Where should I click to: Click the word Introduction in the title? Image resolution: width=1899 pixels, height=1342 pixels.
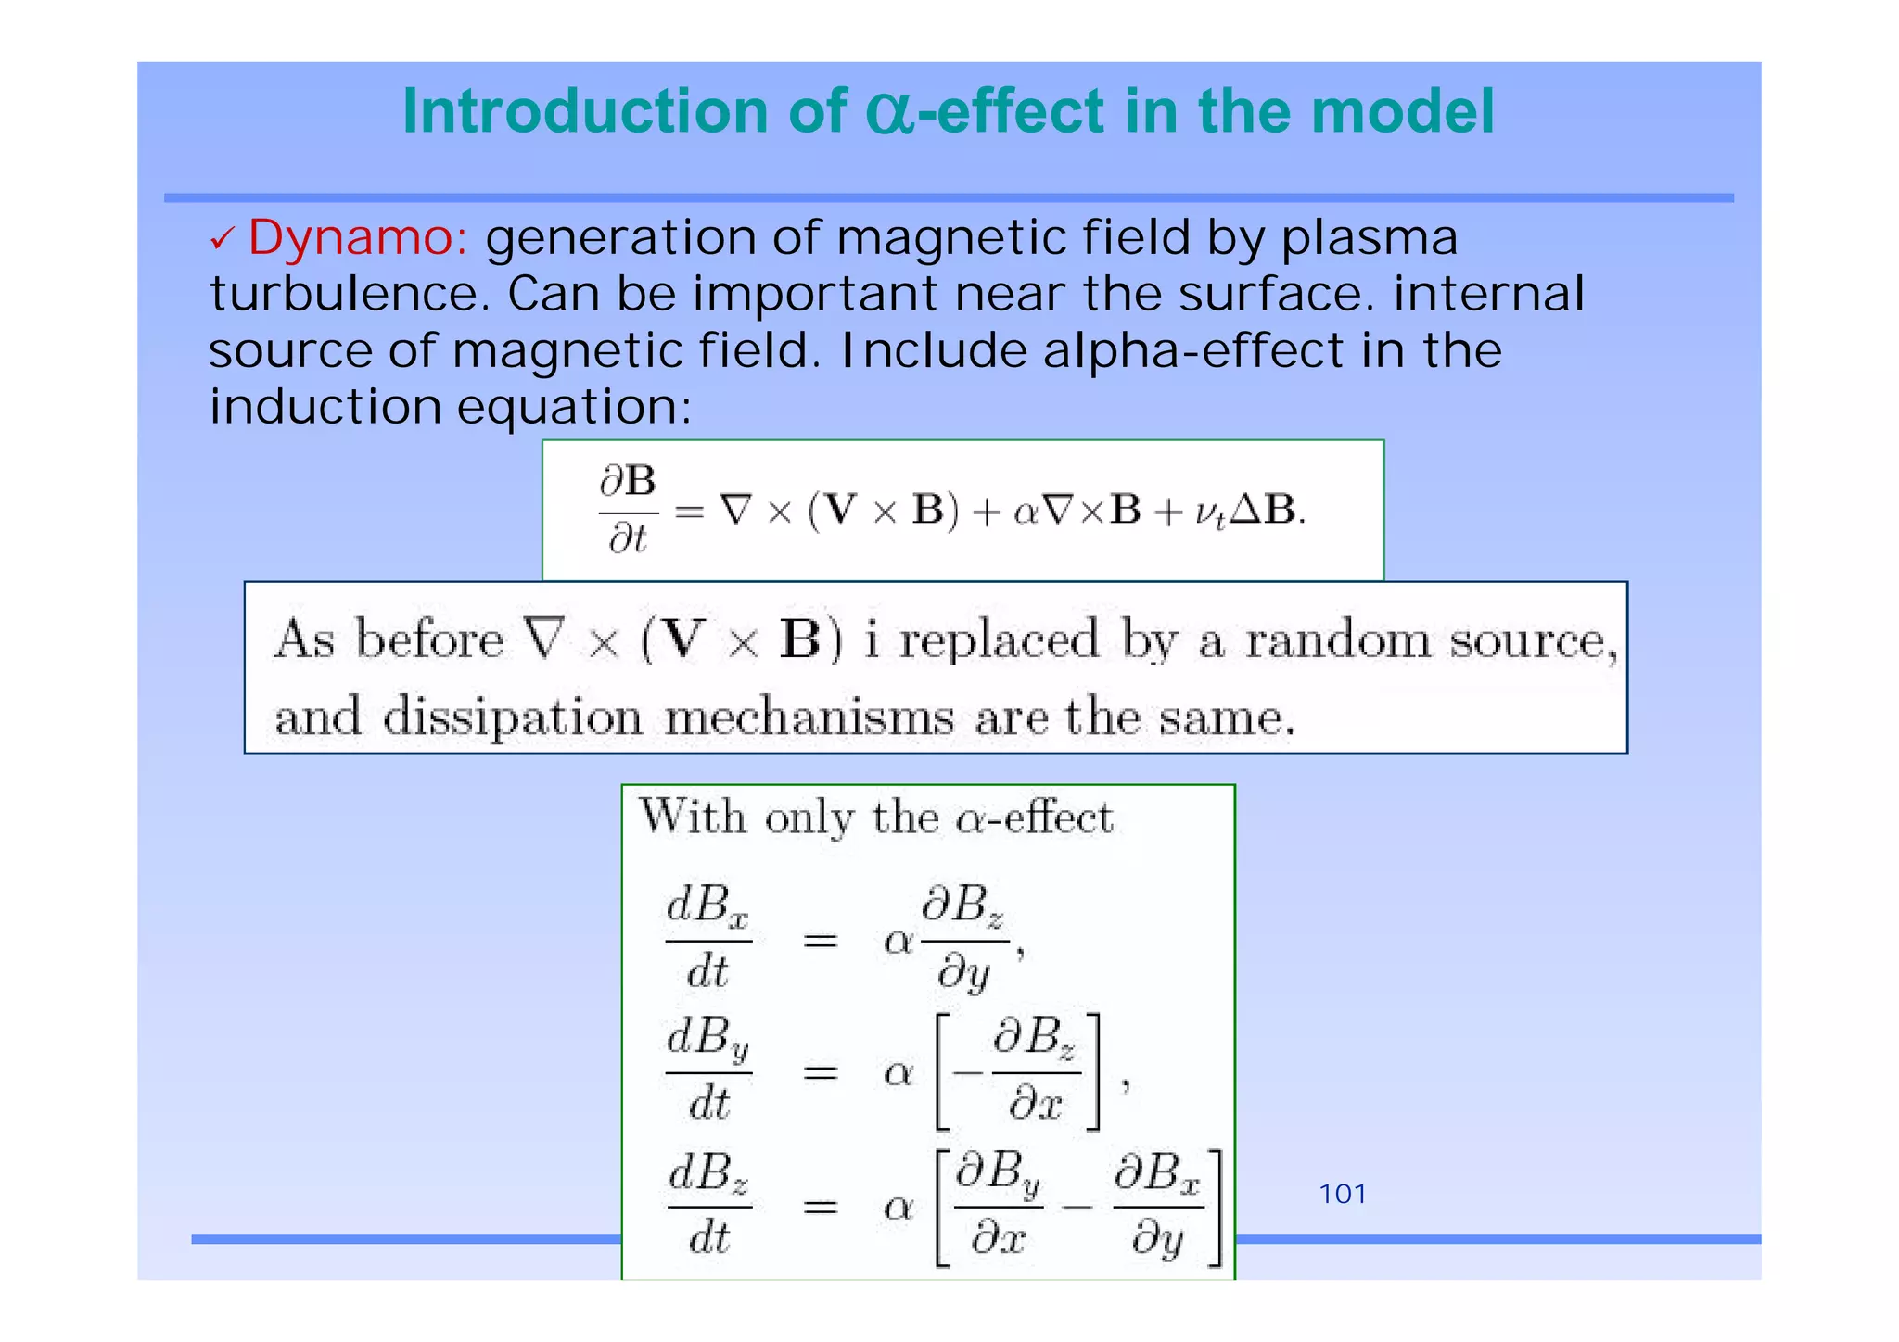coord(584,113)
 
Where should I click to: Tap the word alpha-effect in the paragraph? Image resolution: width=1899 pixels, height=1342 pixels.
coord(1192,352)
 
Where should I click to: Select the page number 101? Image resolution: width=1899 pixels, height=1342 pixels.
coord(1342,1195)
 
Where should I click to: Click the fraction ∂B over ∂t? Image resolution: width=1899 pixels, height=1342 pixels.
coord(628,511)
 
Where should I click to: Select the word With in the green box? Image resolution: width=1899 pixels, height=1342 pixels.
coord(693,817)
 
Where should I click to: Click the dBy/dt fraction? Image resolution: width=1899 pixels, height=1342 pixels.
coord(707,1071)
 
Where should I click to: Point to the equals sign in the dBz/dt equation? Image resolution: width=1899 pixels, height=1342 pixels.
coord(820,1207)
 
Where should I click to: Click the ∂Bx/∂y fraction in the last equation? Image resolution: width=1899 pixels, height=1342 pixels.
coord(1157,1208)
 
